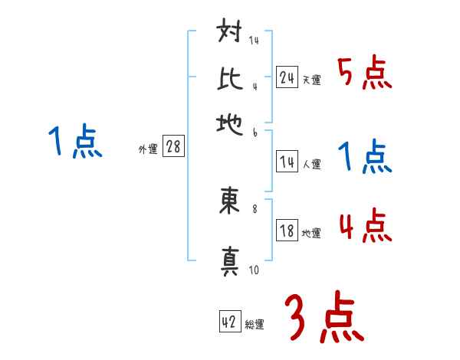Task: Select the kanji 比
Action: (x=231, y=79)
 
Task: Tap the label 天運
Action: (x=311, y=80)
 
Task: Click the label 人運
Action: (x=311, y=164)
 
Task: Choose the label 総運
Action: (x=255, y=325)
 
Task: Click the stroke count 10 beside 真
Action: (x=254, y=270)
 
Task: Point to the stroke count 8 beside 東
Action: (x=255, y=206)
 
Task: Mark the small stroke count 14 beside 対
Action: (x=254, y=40)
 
